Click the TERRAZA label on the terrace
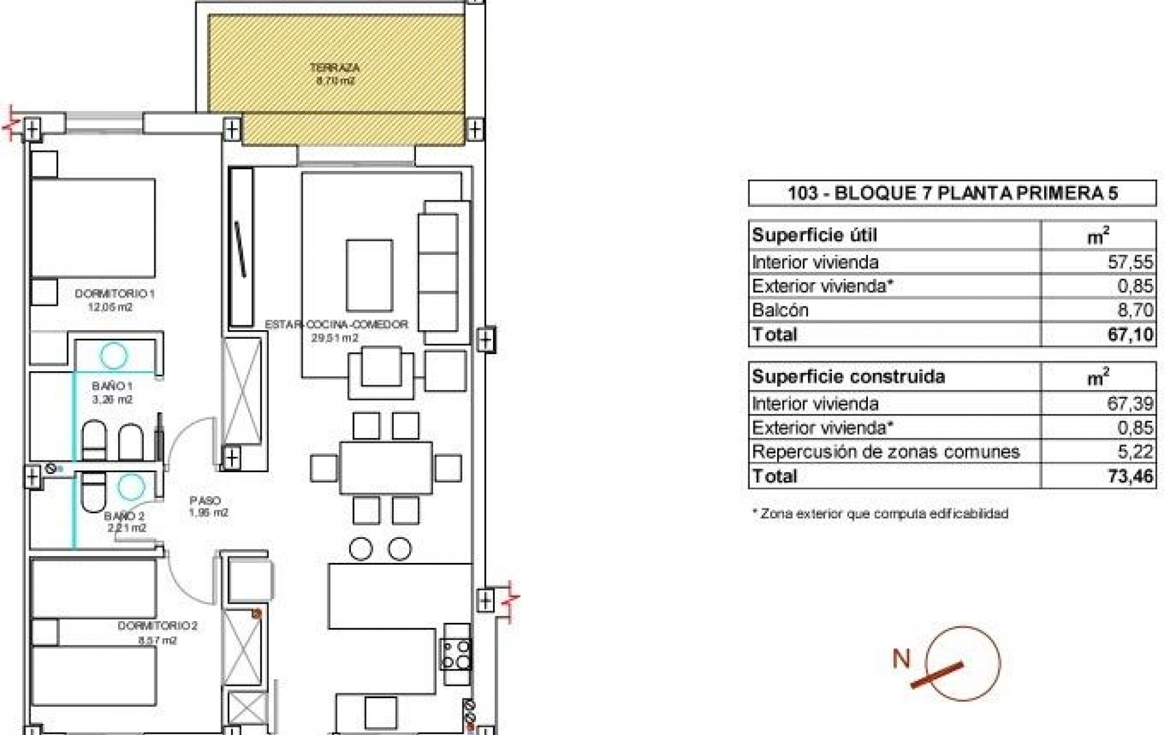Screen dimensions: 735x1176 [x=334, y=68]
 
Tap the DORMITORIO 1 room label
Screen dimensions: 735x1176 [x=115, y=294]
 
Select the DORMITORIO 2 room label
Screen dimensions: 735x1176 [x=157, y=626]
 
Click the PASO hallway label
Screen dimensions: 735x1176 [x=205, y=501]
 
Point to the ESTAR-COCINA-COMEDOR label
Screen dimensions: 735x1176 [x=336, y=325]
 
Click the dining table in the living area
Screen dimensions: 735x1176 [x=386, y=467]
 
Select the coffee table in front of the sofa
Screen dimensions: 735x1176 [x=369, y=275]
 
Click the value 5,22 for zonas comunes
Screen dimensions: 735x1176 [x=1137, y=452]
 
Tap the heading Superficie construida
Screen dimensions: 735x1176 [x=848, y=376]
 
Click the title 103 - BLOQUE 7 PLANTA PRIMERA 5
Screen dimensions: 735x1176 [x=952, y=194]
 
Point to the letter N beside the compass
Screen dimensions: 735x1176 [x=902, y=659]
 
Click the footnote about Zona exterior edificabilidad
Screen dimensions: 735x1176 [x=880, y=514]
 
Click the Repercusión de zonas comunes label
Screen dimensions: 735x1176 [x=886, y=452]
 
